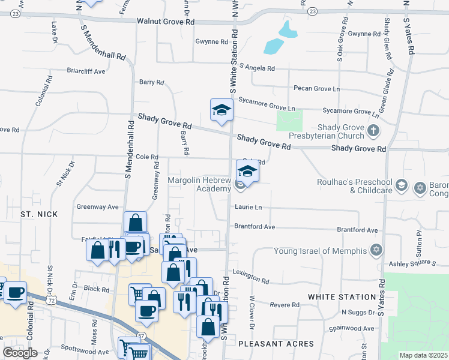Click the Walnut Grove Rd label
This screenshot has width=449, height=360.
[x=166, y=21]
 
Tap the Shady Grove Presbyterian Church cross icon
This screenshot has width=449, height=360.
[x=373, y=130]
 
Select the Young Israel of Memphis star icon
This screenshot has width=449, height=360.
[x=376, y=250]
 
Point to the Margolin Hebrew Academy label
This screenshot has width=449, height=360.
[x=199, y=184]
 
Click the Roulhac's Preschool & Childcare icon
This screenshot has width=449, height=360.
[x=402, y=187]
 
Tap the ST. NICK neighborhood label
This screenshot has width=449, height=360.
[x=39, y=214]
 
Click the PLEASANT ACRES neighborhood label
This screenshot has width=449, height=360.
[x=276, y=344]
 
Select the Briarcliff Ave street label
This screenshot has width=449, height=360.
[x=86, y=71]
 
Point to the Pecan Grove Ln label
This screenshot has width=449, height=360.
[x=316, y=89]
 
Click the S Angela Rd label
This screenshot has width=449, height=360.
[x=256, y=67]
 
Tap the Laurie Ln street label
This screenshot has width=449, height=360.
[x=249, y=207]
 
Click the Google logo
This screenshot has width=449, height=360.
[x=20, y=353]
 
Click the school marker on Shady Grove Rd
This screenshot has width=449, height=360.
[x=221, y=110]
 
